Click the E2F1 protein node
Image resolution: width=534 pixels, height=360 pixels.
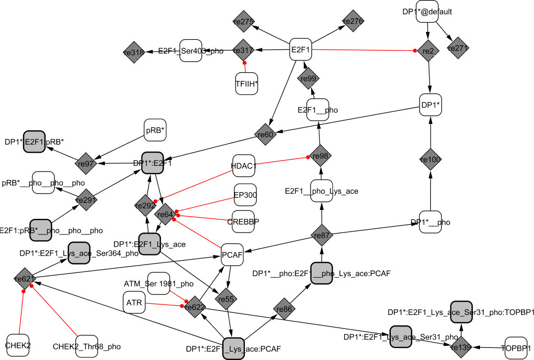point(301,50)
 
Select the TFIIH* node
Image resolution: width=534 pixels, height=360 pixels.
point(247,83)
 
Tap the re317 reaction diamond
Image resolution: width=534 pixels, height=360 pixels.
point(243,50)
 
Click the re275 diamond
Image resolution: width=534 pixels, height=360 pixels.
point(243,22)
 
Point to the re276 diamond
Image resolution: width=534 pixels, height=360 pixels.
point(353,22)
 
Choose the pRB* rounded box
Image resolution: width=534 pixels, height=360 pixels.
point(155,131)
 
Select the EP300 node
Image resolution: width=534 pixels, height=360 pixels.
point(245,195)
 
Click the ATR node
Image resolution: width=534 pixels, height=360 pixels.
point(134,303)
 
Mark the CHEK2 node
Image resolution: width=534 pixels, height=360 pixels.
point(18,345)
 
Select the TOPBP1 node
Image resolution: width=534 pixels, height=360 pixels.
point(516,347)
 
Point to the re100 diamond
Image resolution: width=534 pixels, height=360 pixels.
point(431,159)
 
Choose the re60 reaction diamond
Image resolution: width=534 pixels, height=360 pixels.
point(266,134)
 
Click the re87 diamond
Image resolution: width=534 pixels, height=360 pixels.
point(321,236)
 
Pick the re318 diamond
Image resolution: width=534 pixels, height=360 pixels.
point(133,52)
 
